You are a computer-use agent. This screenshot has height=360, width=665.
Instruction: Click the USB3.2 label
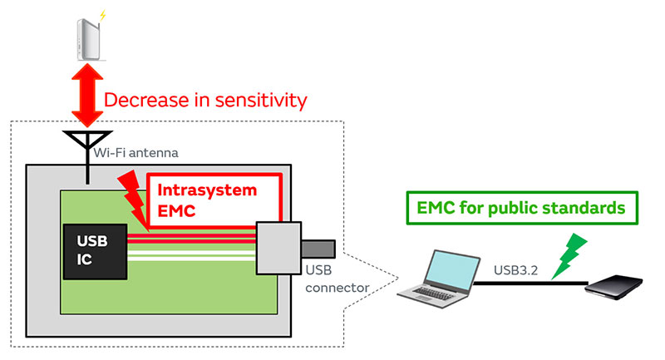click(x=522, y=270)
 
